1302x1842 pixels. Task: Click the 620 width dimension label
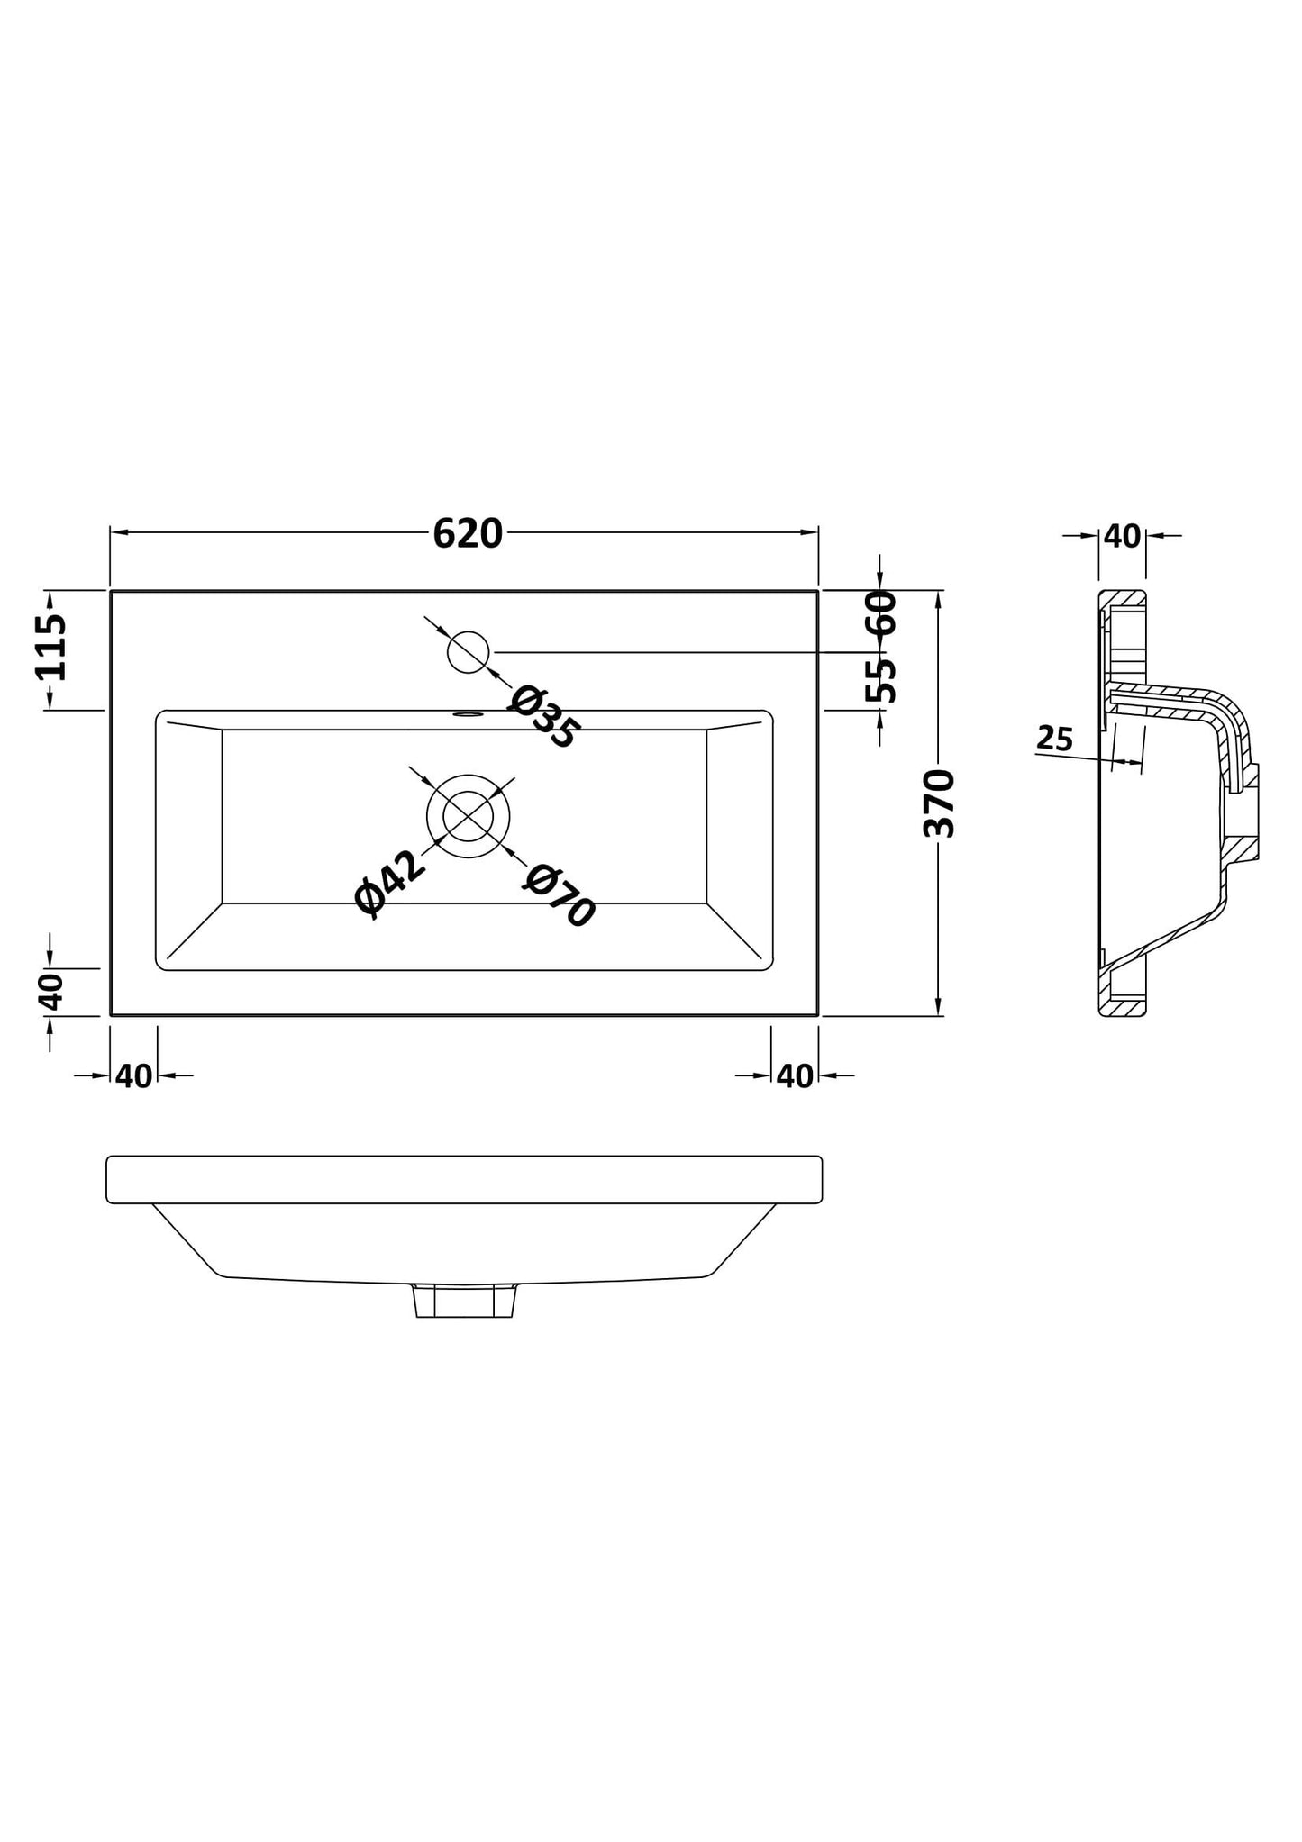coord(467,534)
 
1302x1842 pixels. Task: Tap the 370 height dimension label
coord(940,803)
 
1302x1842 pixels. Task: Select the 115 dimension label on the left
coord(50,647)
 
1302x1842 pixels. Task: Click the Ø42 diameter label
coord(389,884)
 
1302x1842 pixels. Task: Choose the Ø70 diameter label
coord(559,895)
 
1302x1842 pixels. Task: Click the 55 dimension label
coord(880,680)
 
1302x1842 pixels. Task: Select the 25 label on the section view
coord(1055,739)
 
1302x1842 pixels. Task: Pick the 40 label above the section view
coord(1122,537)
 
